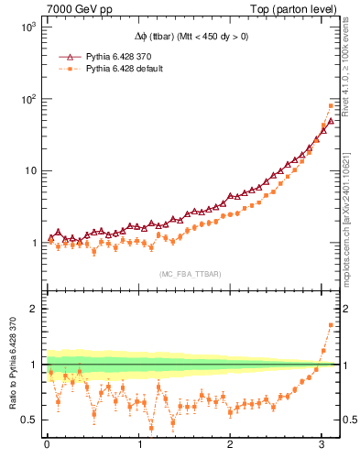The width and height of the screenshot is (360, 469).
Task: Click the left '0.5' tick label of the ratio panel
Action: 27,420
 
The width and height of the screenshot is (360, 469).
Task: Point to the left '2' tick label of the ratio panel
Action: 32,309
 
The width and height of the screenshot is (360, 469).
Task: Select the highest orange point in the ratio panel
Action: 331,325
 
